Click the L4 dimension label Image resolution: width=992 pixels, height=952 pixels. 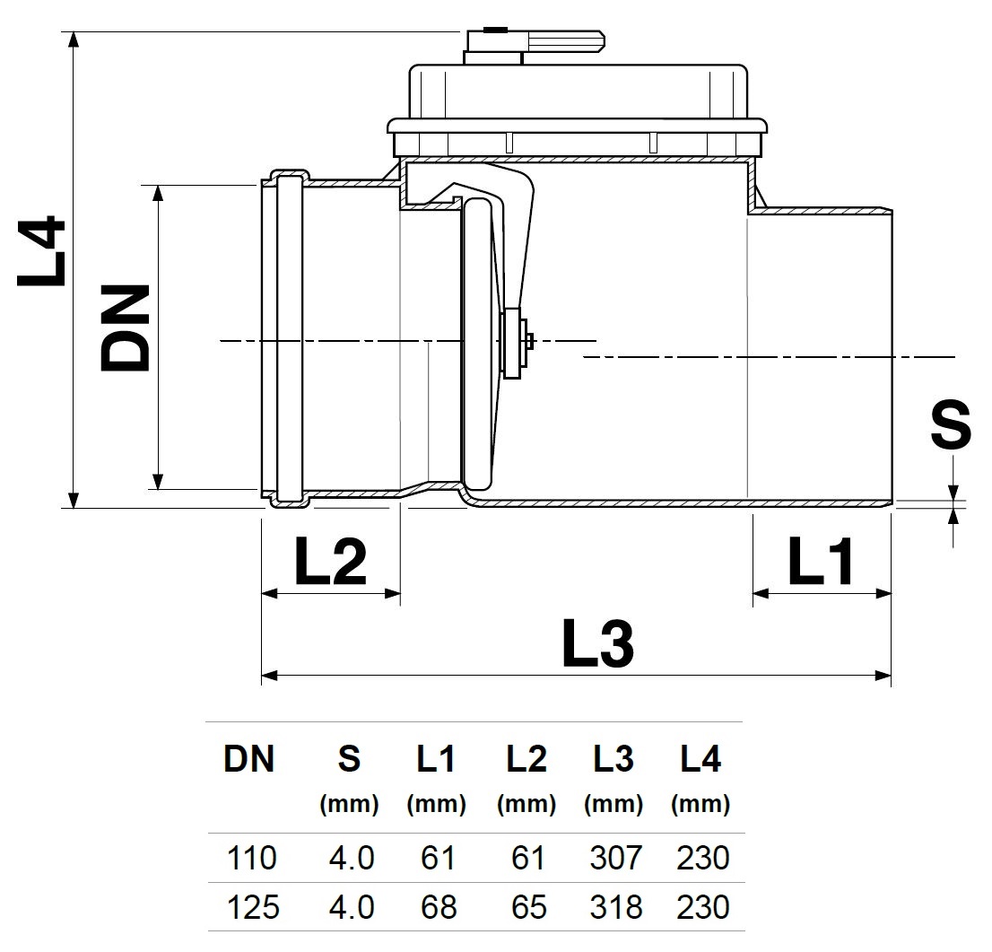point(42,251)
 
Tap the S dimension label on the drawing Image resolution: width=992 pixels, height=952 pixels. point(950,424)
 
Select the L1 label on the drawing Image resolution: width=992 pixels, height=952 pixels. point(822,563)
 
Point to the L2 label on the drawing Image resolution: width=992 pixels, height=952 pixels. point(330,563)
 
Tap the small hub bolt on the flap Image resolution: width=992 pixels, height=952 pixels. point(530,341)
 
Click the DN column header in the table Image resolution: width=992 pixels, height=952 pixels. point(249,760)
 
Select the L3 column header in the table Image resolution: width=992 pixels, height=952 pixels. point(613,760)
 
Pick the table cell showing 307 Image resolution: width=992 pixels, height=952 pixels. point(615,859)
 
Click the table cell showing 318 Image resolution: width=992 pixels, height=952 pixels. point(615,907)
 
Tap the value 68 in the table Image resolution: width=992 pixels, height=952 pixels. point(438,907)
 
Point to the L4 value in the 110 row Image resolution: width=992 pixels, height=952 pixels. point(702,859)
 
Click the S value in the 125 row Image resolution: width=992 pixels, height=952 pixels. point(351,907)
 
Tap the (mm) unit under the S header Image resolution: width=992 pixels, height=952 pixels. point(349,805)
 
